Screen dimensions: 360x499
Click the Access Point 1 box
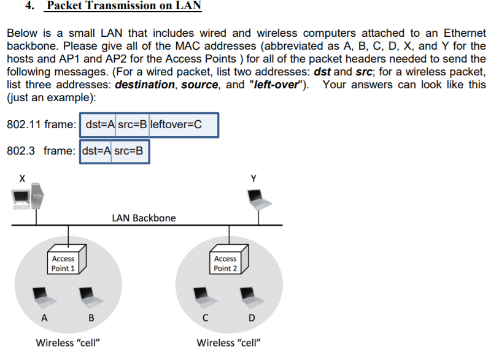point(66,262)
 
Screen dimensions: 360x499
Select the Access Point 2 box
point(228,262)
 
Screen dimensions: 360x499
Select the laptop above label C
point(203,296)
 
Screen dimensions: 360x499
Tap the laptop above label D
point(249,296)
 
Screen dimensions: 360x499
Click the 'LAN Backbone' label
point(144,218)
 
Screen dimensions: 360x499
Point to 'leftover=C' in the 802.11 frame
point(176,124)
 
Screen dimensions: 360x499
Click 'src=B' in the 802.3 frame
point(129,151)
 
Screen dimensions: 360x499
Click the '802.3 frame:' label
point(41,151)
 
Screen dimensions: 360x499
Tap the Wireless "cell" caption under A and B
point(68,343)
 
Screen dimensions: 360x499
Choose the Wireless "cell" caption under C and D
point(228,343)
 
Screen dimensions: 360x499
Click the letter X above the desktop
point(22,178)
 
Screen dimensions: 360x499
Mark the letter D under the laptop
point(250,318)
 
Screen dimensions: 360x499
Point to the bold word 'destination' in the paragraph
point(144,84)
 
